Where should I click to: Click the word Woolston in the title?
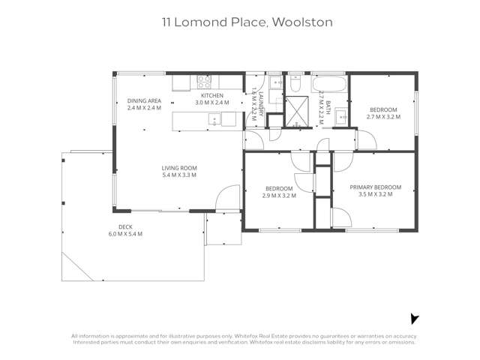pyautogui.click(x=303, y=22)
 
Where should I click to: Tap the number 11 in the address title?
pyautogui.click(x=169, y=22)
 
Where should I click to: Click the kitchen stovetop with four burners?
pyautogui.click(x=204, y=81)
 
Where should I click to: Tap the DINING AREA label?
pyautogui.click(x=144, y=100)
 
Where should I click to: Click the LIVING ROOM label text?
pyautogui.click(x=178, y=168)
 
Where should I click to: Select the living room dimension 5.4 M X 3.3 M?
pyautogui.click(x=178, y=175)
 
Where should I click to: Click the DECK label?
pyautogui.click(x=125, y=226)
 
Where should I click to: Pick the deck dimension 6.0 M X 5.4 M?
pyautogui.click(x=125, y=234)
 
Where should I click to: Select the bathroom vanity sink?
pyautogui.click(x=340, y=115)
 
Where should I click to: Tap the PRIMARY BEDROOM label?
pyautogui.click(x=376, y=187)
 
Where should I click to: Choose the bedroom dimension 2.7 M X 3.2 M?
pyautogui.click(x=383, y=117)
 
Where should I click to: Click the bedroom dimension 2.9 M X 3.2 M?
pyautogui.click(x=280, y=195)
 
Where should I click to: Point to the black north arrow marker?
pyautogui.click(x=414, y=319)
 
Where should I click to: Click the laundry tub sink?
pyautogui.click(x=275, y=82)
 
